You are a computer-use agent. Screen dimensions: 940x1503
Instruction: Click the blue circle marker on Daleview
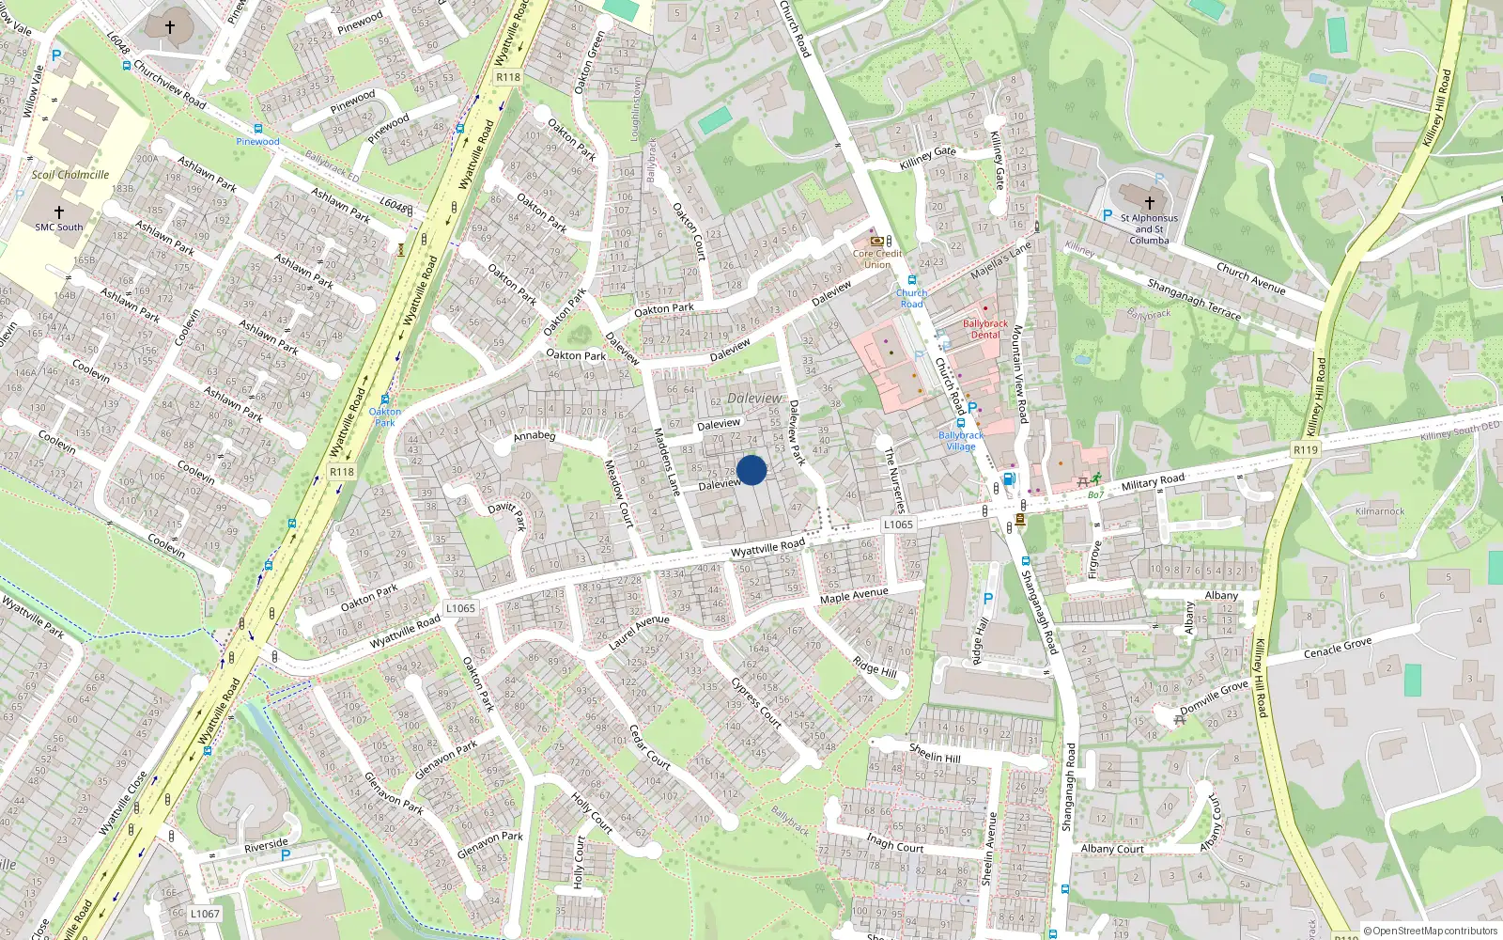coord(751,470)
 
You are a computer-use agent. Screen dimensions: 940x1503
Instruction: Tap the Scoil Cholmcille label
coord(70,175)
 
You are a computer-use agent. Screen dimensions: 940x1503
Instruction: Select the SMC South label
coord(59,227)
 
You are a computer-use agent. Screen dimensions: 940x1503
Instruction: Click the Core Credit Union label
coord(877,258)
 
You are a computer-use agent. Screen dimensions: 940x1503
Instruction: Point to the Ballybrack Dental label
coord(985,329)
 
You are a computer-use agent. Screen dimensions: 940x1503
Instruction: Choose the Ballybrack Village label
coord(961,441)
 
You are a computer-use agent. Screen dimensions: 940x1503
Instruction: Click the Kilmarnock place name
coord(1380,511)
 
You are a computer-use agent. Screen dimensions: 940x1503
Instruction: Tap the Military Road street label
coord(1153,482)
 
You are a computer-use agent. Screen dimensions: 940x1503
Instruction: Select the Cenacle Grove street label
coord(1338,648)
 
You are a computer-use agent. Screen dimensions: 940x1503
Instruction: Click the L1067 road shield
coord(205,913)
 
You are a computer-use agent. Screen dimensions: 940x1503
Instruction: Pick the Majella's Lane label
coord(1000,259)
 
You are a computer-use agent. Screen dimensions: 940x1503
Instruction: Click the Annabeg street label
coord(535,436)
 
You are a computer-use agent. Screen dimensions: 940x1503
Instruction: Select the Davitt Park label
coord(508,513)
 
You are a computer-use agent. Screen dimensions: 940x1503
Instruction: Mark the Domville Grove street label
coord(1214,697)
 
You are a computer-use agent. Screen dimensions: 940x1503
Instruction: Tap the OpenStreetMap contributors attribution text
coord(1431,931)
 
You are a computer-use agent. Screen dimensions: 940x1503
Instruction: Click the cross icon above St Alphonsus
coord(1150,202)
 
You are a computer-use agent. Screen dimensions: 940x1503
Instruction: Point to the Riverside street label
coord(266,845)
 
